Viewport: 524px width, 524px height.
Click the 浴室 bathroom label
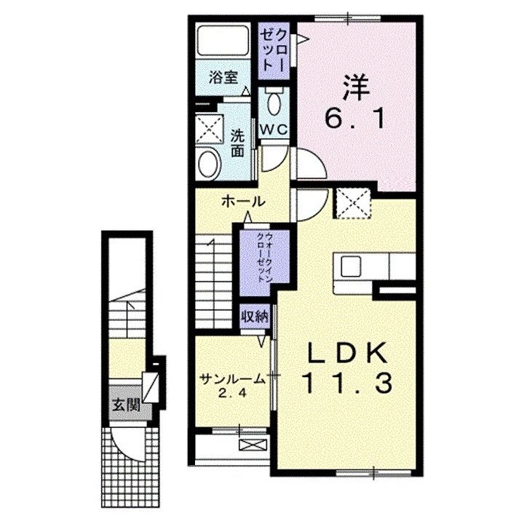click(x=223, y=78)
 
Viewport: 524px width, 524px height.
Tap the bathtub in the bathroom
click(x=223, y=40)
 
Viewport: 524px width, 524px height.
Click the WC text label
click(x=274, y=130)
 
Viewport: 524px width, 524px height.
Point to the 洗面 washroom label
click(x=237, y=143)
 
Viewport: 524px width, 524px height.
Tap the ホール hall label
click(x=244, y=202)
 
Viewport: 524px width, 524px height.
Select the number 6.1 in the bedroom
click(x=355, y=119)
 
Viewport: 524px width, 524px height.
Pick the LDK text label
click(x=348, y=353)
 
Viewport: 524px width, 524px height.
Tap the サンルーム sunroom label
click(x=233, y=379)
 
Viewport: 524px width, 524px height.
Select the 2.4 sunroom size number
click(x=233, y=393)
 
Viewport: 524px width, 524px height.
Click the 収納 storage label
click(x=255, y=316)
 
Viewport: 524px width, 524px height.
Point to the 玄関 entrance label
click(x=126, y=405)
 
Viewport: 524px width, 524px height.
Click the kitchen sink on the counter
click(x=350, y=266)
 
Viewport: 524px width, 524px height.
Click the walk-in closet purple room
click(x=264, y=261)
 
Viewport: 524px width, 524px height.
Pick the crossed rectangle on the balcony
click(x=254, y=445)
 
